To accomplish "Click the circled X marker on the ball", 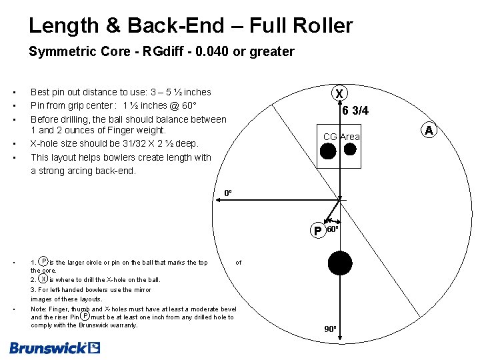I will coord(340,93).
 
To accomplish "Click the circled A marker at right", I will coord(429,130).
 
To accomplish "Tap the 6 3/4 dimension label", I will coord(355,111).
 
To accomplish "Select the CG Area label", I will coord(341,137).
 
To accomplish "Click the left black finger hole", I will coord(328,151).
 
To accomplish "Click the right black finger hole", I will coord(349,150).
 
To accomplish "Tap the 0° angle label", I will coord(228,193).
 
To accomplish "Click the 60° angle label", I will coord(333,229).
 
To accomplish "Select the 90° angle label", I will coord(331,329).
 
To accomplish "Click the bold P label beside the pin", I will coord(317,231).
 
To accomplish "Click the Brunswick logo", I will coord(55,347).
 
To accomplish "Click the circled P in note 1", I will coord(43,262).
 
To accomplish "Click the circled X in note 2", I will coord(43,279).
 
